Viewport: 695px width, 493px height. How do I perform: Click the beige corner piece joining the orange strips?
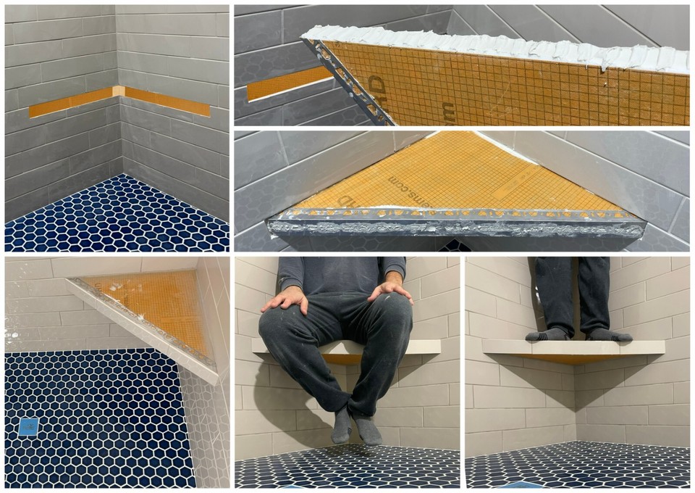[118, 91]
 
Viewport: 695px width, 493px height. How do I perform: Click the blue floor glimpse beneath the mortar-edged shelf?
[454, 245]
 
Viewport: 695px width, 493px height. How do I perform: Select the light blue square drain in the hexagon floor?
[29, 427]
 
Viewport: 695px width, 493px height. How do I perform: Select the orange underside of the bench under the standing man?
[572, 358]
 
